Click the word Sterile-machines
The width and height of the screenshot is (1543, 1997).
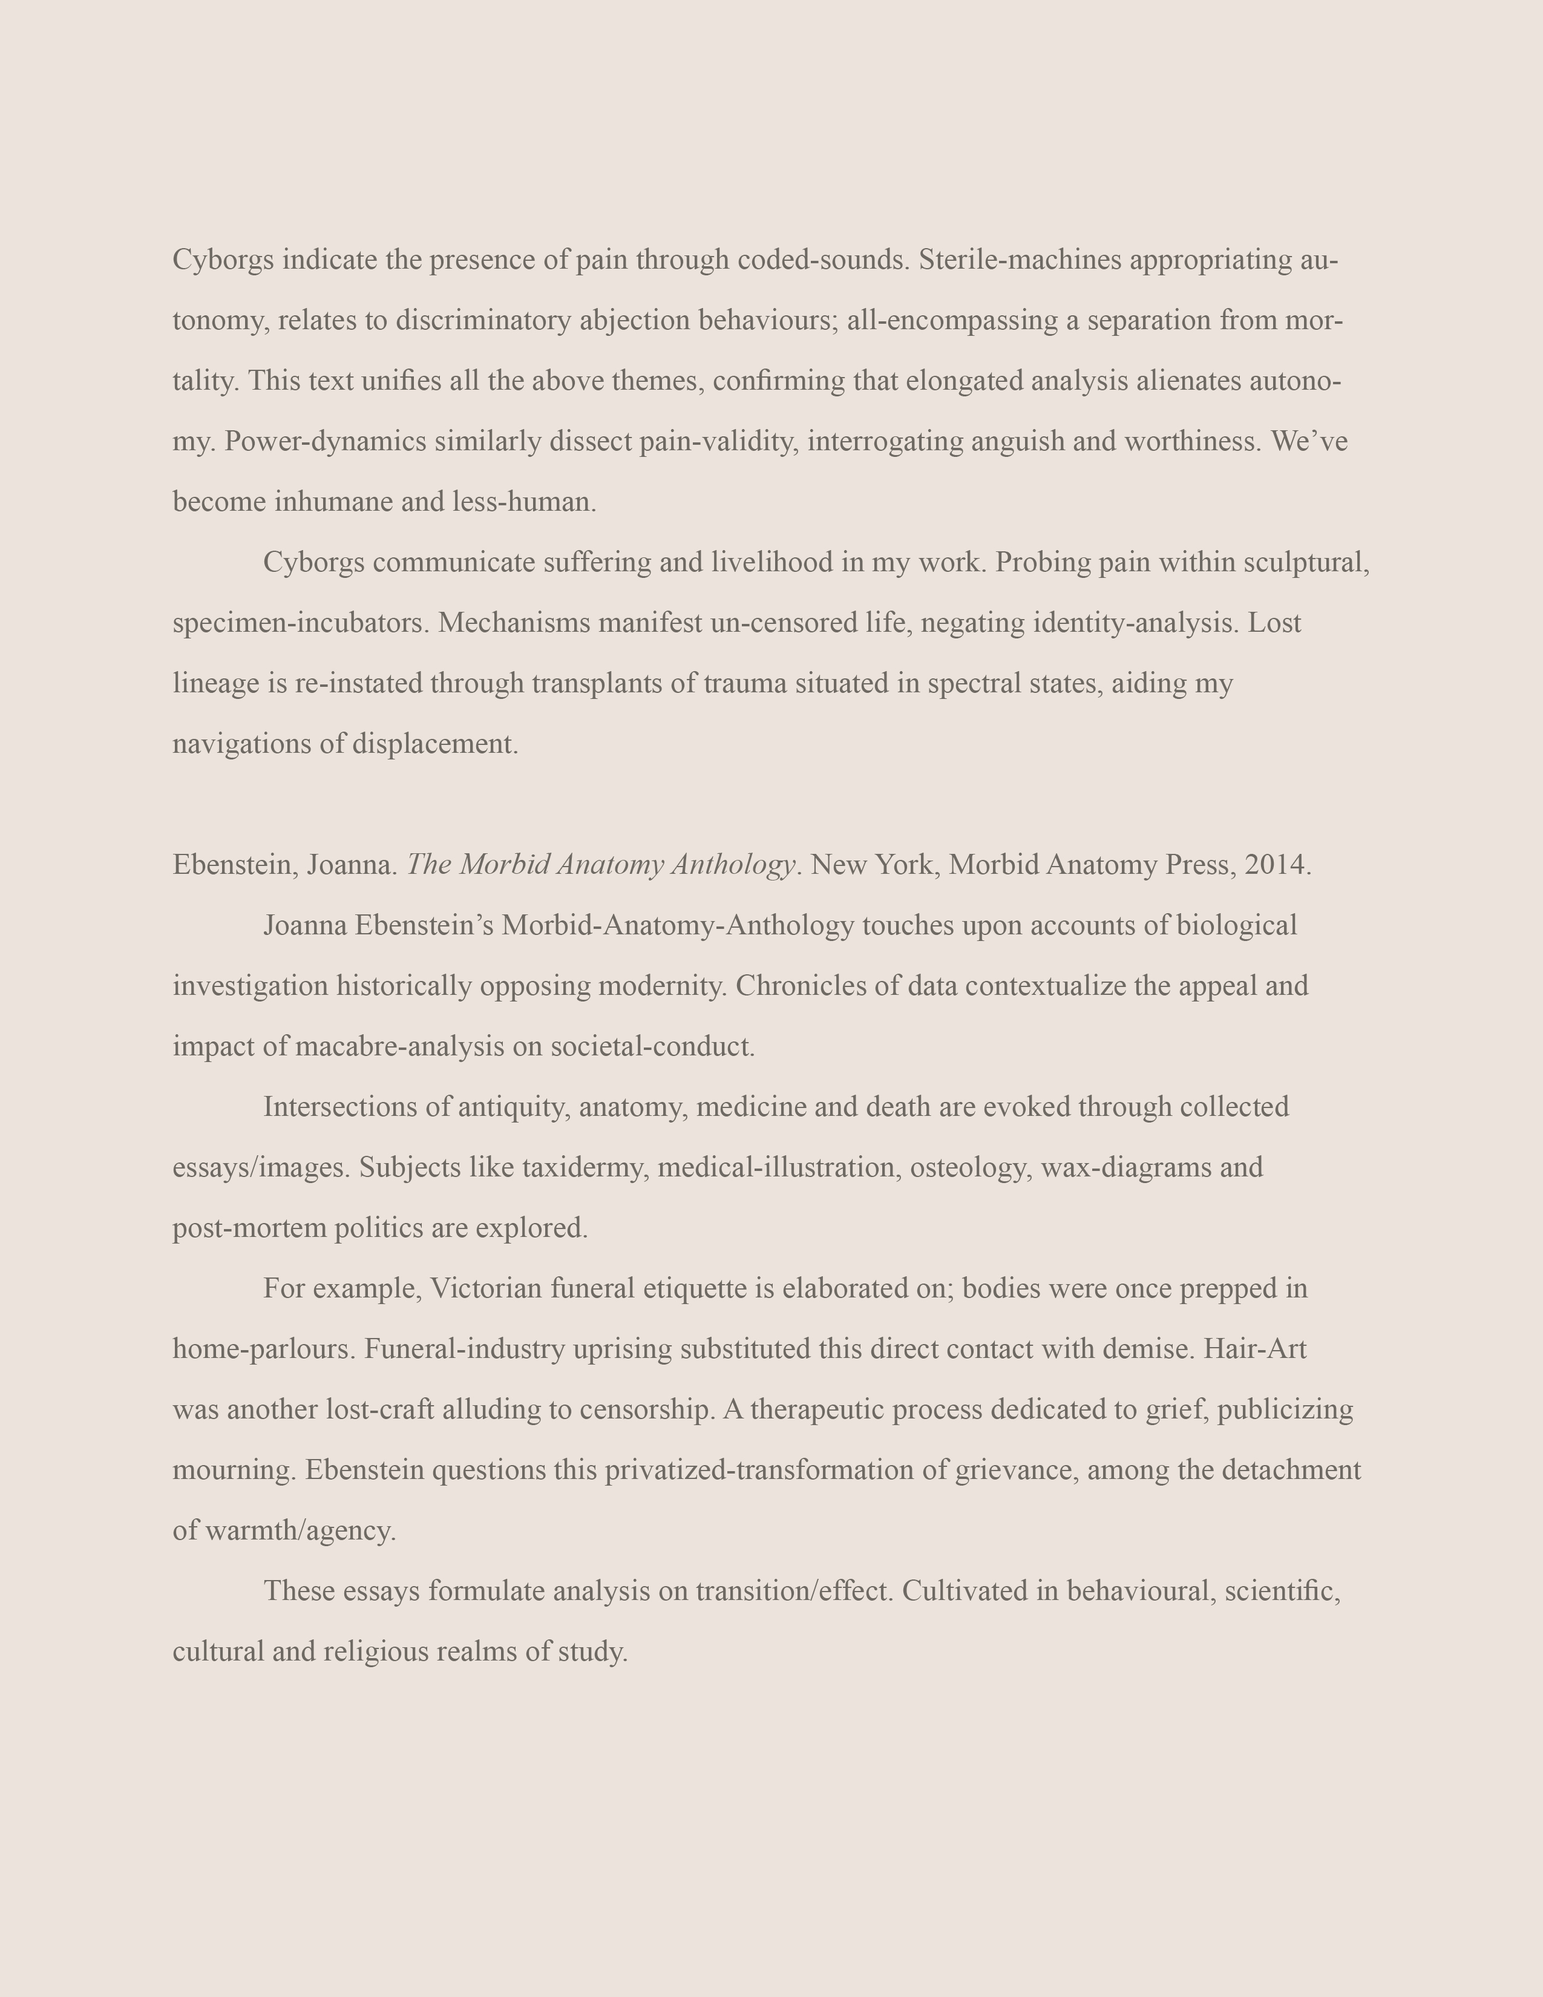point(1020,261)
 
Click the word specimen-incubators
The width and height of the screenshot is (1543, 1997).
point(301,623)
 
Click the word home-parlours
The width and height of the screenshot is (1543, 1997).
point(263,1349)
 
